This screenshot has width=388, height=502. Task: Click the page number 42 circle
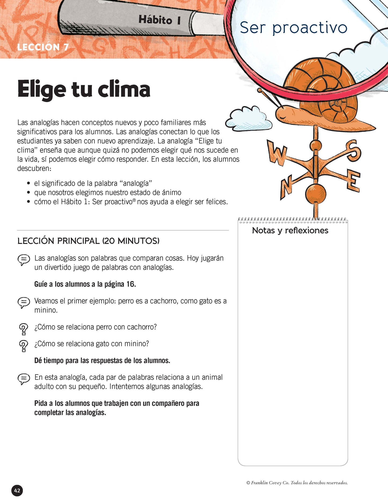(17, 490)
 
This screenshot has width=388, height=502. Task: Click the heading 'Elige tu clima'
(84, 89)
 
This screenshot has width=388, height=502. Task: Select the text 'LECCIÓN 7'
(43, 47)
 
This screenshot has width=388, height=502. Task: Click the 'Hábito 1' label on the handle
(159, 20)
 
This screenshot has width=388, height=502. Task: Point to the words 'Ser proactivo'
(293, 28)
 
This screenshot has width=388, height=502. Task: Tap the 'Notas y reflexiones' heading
(290, 230)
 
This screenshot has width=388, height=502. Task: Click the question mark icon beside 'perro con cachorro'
(24, 329)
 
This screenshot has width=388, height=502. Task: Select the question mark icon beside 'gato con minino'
(24, 345)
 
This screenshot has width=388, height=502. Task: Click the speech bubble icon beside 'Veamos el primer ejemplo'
(24, 302)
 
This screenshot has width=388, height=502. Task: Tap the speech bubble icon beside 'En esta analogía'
(24, 379)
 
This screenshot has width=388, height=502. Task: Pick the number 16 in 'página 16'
(131, 284)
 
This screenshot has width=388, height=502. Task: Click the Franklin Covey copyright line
(297, 483)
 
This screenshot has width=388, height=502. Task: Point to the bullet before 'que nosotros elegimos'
(28, 192)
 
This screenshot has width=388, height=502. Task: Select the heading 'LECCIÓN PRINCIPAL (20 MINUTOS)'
(88, 241)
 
